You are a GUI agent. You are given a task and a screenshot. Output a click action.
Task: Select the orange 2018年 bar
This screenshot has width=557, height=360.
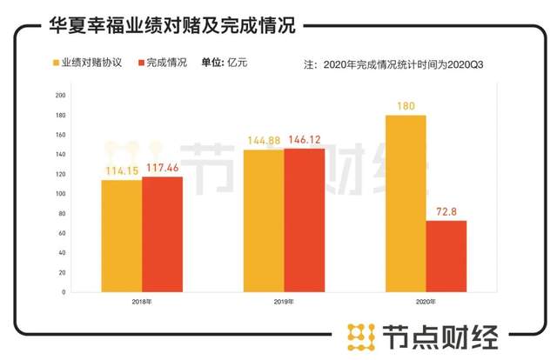[x=120, y=236]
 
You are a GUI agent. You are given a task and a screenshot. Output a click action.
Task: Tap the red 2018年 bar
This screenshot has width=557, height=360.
[x=163, y=234]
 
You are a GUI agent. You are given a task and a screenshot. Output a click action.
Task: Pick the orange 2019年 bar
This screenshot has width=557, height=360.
[x=263, y=221]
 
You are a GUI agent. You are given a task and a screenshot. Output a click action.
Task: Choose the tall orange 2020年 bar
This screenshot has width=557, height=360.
[x=406, y=203]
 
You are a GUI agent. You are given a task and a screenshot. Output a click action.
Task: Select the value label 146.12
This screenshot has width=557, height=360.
[x=305, y=139]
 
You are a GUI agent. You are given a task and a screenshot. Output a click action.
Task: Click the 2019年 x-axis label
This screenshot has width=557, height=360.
[x=284, y=301]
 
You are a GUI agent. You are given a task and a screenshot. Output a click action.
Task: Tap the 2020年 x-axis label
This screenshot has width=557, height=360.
[x=426, y=301]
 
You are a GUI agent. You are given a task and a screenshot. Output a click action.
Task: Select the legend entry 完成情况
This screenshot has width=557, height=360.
[x=161, y=63]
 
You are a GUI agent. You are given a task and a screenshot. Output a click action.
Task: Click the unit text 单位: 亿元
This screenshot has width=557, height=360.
[x=225, y=63]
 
